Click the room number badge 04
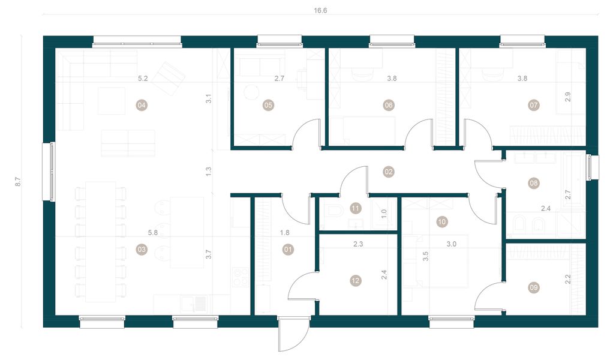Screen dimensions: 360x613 point(142,105)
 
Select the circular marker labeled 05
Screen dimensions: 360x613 point(268,105)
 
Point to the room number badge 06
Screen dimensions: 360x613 point(389,105)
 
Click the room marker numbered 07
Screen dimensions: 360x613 point(534,105)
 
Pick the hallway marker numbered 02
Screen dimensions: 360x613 point(389,172)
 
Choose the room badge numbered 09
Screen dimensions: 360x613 point(534,287)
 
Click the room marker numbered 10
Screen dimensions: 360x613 point(442,221)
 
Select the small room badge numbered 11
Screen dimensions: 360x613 point(356,208)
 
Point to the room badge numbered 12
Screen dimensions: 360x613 point(356,280)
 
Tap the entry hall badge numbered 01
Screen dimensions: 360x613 point(287,249)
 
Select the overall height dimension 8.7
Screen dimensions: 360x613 point(18,181)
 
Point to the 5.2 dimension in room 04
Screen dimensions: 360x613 point(143,78)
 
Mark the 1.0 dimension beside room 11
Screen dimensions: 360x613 point(384,212)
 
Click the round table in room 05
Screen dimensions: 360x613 point(251,91)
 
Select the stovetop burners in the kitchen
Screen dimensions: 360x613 point(241,277)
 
